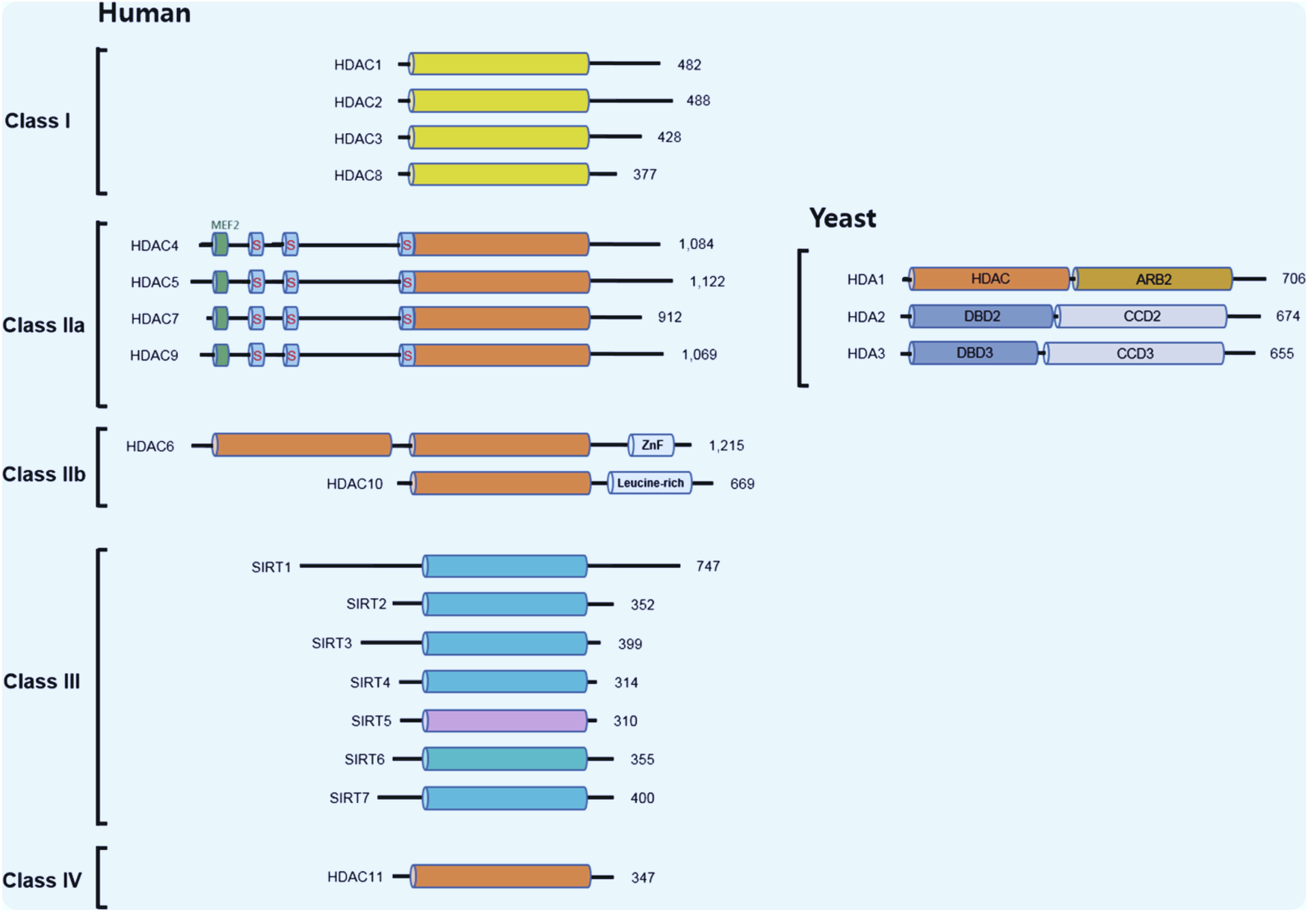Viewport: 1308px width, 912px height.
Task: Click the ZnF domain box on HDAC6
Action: point(651,446)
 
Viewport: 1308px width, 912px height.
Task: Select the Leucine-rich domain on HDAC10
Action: point(650,484)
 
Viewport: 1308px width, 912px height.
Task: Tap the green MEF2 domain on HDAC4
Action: point(220,244)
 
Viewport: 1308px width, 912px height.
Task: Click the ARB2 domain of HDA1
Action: point(1153,280)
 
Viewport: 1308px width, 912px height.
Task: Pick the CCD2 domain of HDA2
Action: point(1141,316)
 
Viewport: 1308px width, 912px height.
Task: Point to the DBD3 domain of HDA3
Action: point(974,353)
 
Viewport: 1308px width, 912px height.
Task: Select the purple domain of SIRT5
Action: point(505,721)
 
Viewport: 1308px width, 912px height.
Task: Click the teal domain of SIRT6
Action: point(505,759)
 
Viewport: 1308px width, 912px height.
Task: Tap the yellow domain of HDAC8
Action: point(499,174)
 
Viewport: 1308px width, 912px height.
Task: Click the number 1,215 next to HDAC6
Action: point(726,446)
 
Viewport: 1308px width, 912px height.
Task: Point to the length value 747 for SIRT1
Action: point(707,567)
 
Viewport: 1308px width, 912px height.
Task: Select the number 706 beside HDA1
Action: point(1293,279)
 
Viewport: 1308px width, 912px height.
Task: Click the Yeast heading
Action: point(842,218)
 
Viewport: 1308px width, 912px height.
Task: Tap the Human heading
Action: point(144,13)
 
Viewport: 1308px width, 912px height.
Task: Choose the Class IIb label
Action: point(44,475)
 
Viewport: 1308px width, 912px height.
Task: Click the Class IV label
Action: point(42,881)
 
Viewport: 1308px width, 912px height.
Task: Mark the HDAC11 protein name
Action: point(355,877)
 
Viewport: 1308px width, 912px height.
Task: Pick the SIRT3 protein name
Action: point(332,644)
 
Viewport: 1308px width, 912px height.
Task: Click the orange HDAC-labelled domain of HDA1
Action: point(990,279)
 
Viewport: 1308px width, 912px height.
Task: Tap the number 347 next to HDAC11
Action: point(643,878)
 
